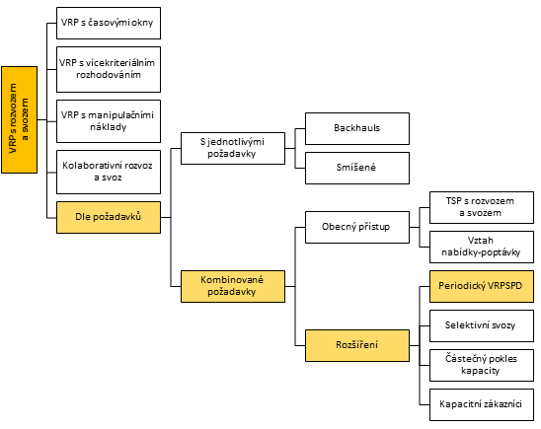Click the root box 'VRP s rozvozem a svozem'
(20, 119)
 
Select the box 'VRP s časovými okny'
(109, 23)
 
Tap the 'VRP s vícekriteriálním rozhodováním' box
(109, 70)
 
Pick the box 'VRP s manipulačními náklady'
(109, 121)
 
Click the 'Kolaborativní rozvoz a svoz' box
(109, 172)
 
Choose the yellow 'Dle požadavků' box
(109, 217)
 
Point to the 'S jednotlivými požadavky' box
(233, 148)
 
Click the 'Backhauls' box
(357, 128)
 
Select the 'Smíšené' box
(357, 169)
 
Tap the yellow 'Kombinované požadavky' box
(233, 286)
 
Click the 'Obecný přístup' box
(357, 227)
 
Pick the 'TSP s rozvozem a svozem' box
(482, 207)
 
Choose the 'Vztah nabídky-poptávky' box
(482, 248)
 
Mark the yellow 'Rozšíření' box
(357, 345)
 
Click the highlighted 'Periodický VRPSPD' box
(482, 286)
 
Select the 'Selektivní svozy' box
(482, 325)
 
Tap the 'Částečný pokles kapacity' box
(482, 365)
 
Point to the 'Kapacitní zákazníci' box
(482, 405)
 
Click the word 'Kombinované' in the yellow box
(232, 280)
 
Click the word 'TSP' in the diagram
(453, 201)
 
